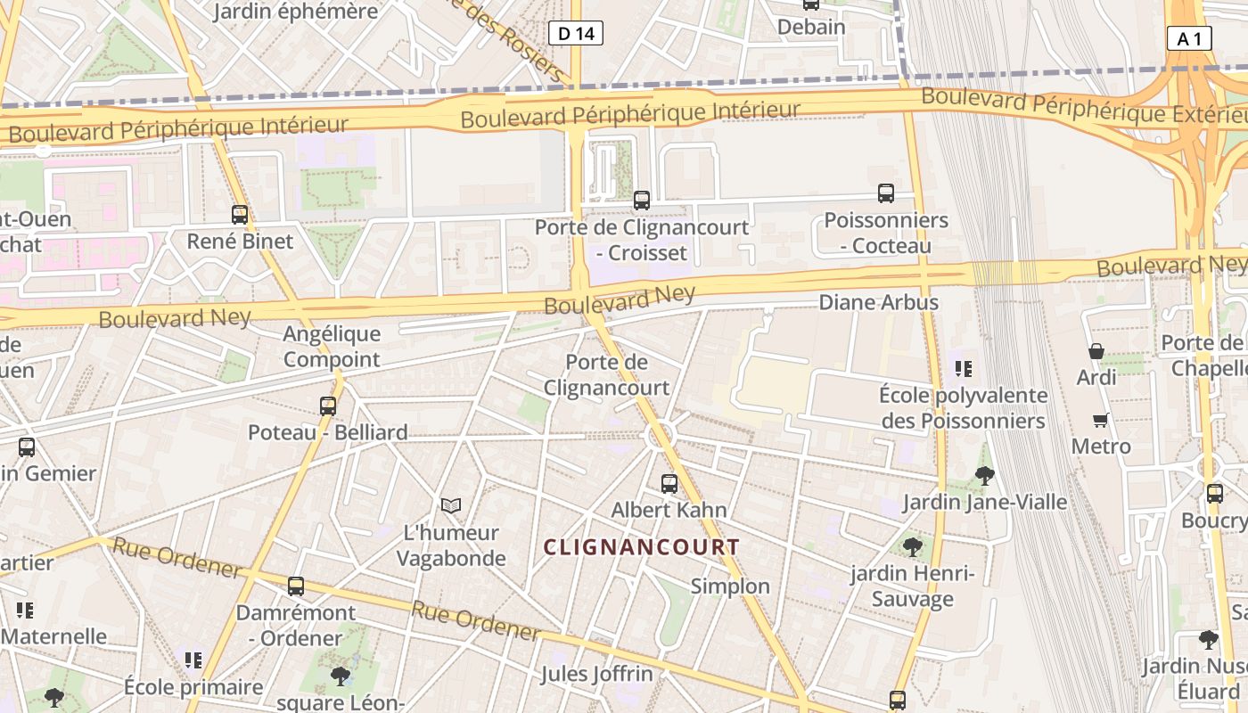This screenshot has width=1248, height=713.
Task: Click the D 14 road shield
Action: tap(575, 34)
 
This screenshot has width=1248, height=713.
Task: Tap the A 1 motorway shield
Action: tap(1189, 38)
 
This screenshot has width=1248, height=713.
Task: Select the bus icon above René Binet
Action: tap(240, 215)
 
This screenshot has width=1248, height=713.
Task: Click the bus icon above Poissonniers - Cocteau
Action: tap(886, 193)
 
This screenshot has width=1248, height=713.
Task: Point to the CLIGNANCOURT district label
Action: tap(642, 547)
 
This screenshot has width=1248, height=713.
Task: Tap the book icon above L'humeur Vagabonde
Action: tap(451, 506)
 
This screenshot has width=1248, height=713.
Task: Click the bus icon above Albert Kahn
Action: tap(669, 484)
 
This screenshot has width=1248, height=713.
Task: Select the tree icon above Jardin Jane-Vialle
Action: tap(985, 476)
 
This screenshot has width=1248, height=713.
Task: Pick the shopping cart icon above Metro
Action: tap(1101, 420)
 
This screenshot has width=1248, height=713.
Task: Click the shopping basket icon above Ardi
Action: tap(1096, 352)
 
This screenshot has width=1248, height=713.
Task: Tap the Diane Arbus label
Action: tap(878, 302)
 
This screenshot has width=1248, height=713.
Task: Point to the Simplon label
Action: tap(730, 586)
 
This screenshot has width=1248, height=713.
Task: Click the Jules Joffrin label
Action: tap(596, 673)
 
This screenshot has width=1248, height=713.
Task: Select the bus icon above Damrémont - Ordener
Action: tap(296, 586)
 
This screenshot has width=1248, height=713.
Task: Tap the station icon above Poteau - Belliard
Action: tap(328, 406)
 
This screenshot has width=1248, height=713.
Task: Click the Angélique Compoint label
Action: tap(332, 347)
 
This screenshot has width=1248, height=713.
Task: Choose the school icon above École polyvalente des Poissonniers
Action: tap(964, 367)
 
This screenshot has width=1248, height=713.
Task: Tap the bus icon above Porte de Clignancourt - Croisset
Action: tap(642, 201)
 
